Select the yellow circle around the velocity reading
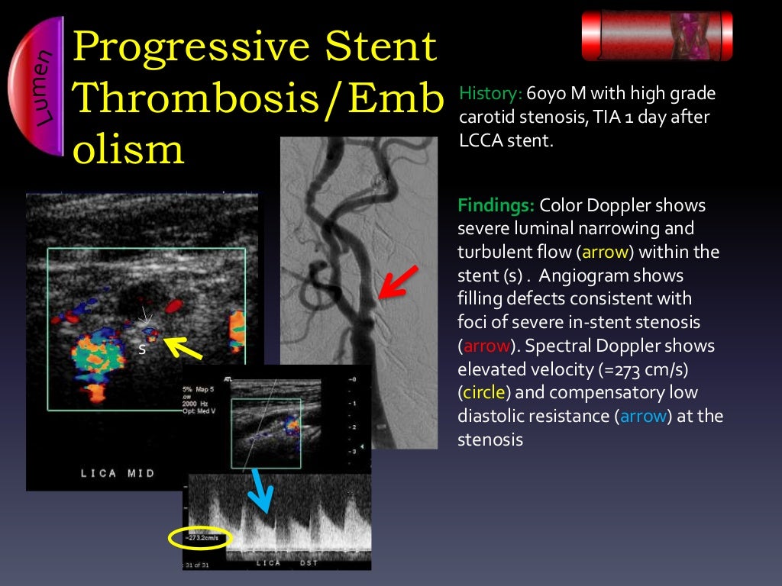coord(198,538)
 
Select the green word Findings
coord(495,206)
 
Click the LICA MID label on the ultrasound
coord(118,473)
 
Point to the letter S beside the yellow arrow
coord(141,349)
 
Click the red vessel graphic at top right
coord(657,35)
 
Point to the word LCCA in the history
coord(480,140)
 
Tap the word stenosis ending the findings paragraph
coord(490,440)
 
